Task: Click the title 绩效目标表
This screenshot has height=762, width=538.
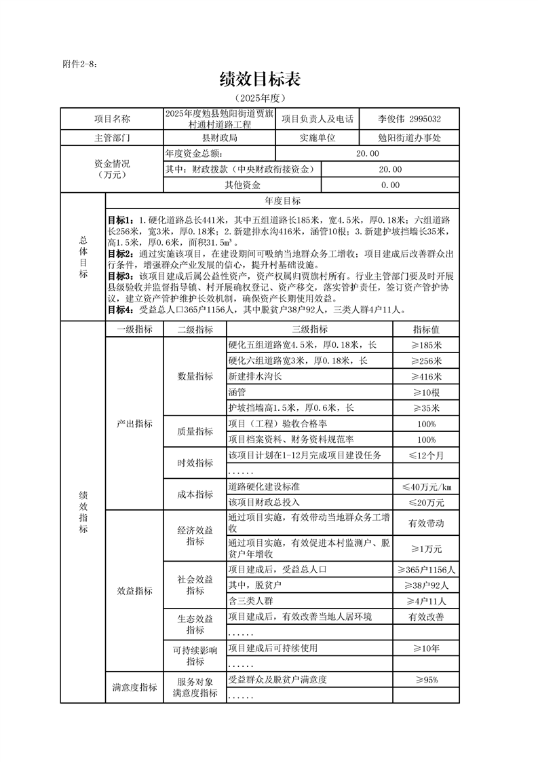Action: point(260,79)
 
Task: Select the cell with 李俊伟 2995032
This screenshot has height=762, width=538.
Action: point(409,119)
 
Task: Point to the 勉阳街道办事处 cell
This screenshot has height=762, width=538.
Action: point(409,138)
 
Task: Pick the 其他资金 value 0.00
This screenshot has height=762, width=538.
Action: point(390,185)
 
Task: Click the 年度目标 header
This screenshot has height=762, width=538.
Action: point(282,201)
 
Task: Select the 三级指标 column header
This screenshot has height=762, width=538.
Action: point(309,329)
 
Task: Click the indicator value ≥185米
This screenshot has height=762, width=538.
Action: point(426,344)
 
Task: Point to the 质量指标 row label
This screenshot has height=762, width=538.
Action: point(195,431)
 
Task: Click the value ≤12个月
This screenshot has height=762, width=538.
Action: point(426,455)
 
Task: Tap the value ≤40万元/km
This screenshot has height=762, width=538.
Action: point(426,487)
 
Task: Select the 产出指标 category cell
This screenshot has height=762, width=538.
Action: point(134,424)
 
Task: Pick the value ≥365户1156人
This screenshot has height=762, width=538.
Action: point(426,569)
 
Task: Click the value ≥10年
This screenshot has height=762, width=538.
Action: point(426,649)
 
